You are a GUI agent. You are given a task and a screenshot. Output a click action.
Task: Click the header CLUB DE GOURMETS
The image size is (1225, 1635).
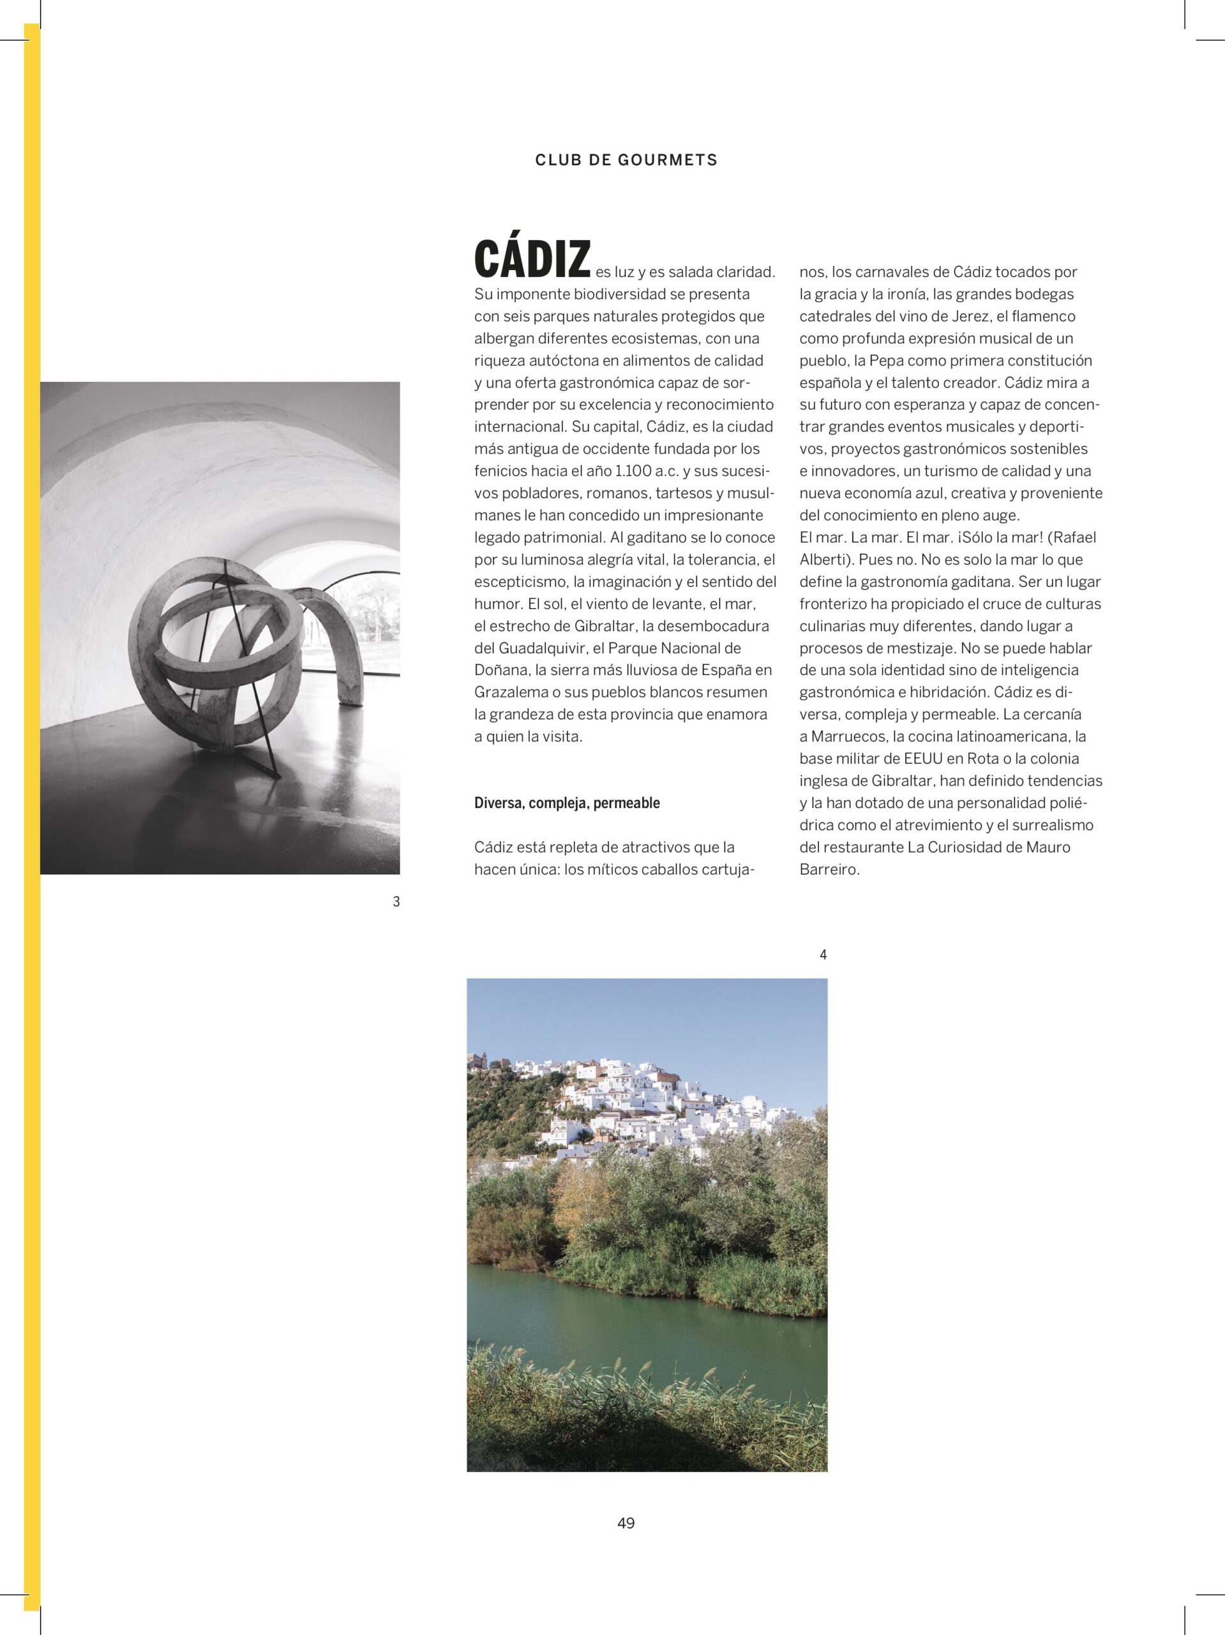(626, 160)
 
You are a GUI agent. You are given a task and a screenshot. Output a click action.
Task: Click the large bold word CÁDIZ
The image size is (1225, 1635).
(532, 259)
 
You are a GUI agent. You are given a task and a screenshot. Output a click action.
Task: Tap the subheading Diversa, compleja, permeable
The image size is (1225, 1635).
(567, 803)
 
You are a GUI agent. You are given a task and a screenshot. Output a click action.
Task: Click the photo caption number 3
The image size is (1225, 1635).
(396, 902)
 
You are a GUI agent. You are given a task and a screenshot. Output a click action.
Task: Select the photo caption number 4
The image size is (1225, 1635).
(823, 955)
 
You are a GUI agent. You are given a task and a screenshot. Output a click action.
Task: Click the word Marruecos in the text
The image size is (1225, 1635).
(848, 736)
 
